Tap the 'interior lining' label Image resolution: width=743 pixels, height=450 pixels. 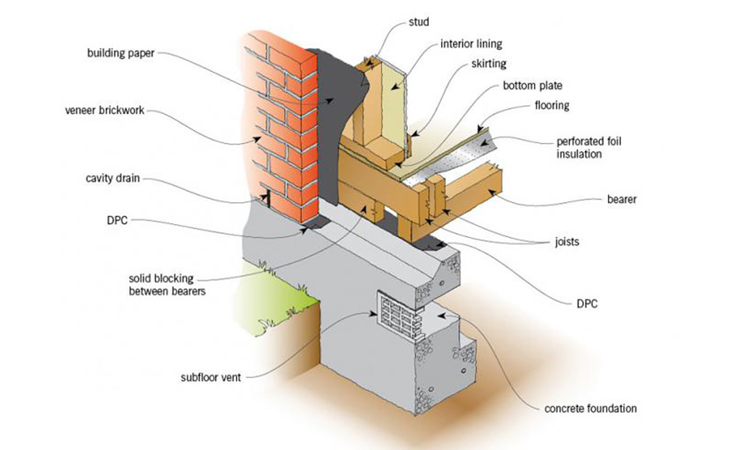(471, 44)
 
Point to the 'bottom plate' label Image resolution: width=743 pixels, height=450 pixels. (533, 86)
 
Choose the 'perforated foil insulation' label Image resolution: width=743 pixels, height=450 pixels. (589, 147)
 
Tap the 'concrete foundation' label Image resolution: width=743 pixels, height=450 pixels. (590, 409)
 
